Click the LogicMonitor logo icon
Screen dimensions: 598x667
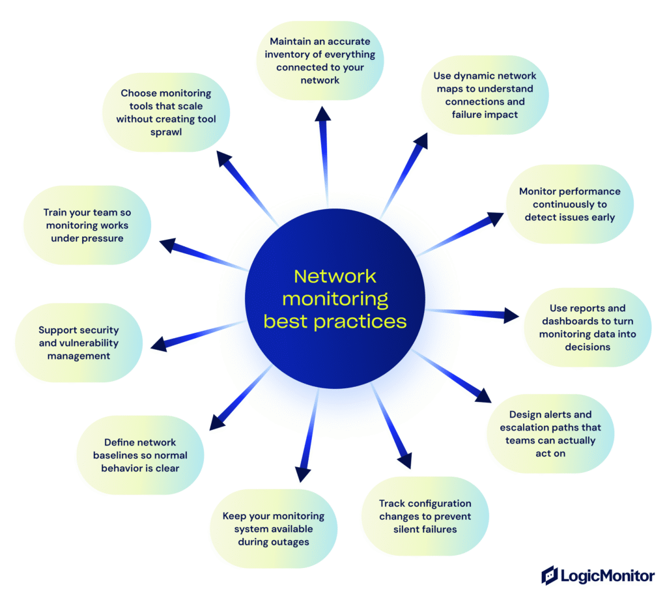(x=550, y=575)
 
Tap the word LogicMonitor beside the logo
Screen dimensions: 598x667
(x=608, y=576)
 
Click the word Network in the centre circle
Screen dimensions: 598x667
(x=335, y=276)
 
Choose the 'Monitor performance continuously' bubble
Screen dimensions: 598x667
(x=569, y=204)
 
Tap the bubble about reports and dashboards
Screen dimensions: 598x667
(x=588, y=327)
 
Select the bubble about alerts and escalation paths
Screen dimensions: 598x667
(x=550, y=433)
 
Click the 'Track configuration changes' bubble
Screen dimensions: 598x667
(x=425, y=516)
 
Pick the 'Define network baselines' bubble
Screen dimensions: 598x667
(x=140, y=455)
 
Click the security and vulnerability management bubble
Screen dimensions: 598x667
(x=79, y=343)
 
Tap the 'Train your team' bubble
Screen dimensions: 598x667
(x=86, y=225)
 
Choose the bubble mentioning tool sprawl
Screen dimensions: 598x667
(x=165, y=113)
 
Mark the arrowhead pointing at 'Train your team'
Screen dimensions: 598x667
(x=167, y=245)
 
